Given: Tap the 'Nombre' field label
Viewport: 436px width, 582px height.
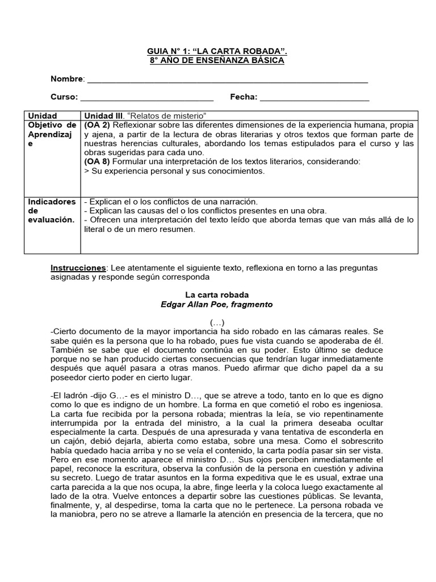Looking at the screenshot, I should coord(67,79).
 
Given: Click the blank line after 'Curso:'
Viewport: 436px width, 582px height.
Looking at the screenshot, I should coord(147,97).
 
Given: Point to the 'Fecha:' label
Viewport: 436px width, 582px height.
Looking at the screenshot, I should coord(244,97).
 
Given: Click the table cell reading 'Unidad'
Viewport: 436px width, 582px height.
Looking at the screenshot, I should coord(43,115).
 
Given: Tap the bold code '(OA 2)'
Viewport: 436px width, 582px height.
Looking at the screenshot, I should coord(97,125).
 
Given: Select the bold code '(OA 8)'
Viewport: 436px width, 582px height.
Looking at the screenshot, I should coord(97,161).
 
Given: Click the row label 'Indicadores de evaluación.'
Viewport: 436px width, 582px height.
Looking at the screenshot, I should coord(52,211).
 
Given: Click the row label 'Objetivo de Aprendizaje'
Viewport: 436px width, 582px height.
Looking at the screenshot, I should coord(52,134).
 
